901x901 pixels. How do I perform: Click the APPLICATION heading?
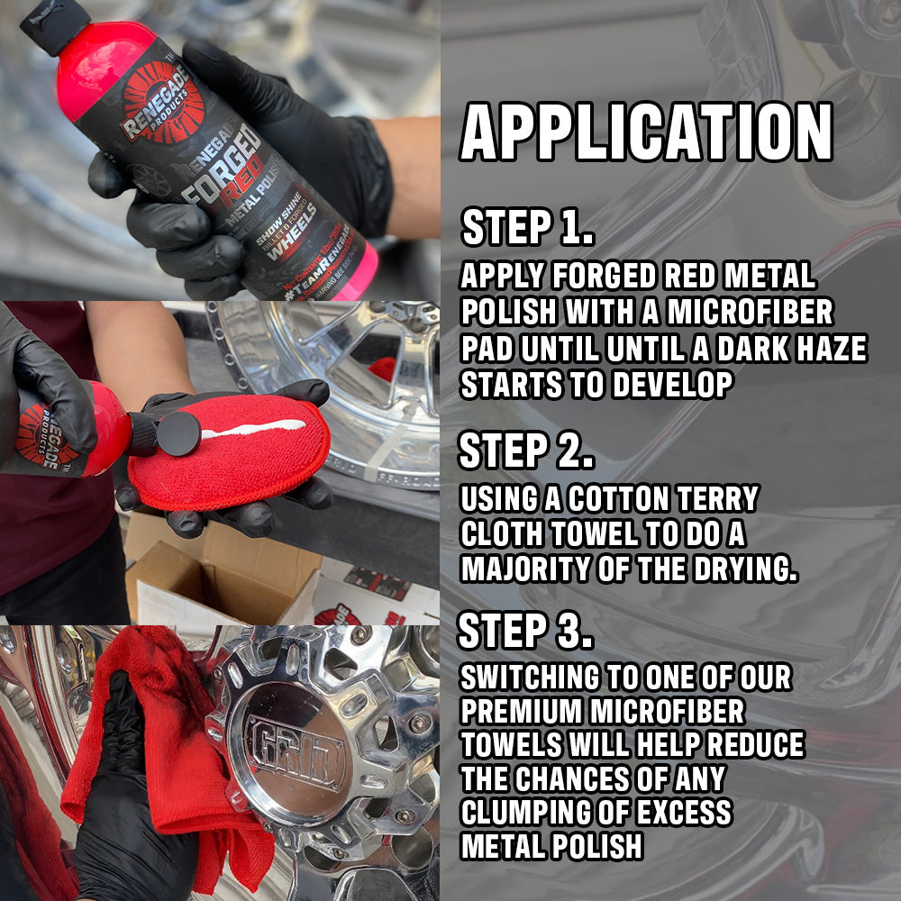(x=646, y=132)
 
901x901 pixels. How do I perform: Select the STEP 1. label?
(x=527, y=228)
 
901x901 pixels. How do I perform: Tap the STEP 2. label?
(x=526, y=450)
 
